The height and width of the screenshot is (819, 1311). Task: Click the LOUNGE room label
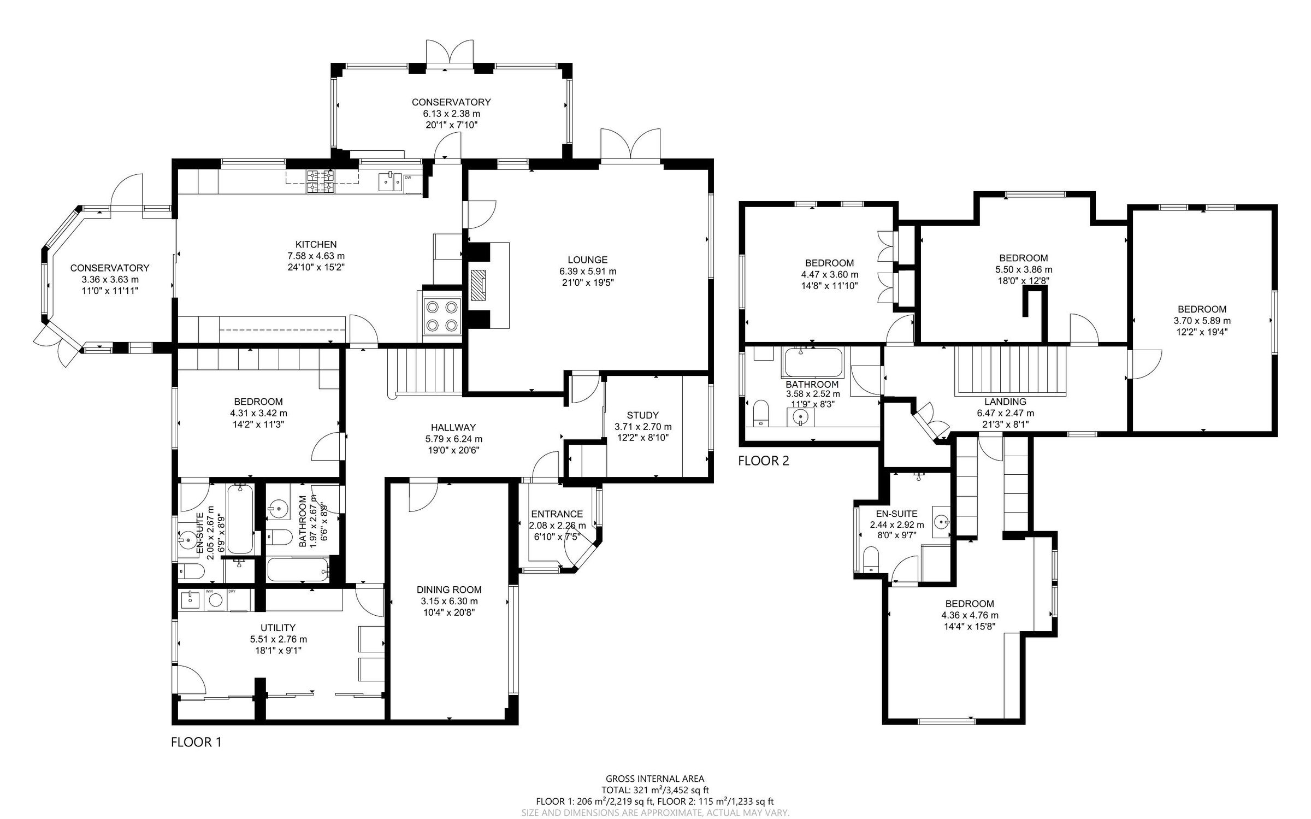pos(587,260)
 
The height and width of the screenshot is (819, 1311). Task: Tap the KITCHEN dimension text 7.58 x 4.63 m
pos(316,256)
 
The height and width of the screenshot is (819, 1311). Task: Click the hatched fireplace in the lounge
pos(479,285)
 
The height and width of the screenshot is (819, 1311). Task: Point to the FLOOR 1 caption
pos(196,742)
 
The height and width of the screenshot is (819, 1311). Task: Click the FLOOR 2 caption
pos(763,461)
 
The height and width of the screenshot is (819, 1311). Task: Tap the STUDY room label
pos(642,415)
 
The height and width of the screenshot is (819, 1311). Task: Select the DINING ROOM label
pos(449,590)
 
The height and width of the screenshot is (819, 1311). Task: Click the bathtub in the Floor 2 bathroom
pos(813,362)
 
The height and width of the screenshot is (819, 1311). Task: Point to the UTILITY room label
pos(278,628)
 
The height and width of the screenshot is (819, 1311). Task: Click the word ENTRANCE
pos(557,514)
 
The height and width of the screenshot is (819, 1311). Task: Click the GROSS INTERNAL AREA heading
pos(655,779)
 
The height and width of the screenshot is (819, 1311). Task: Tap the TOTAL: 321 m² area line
pos(655,790)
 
